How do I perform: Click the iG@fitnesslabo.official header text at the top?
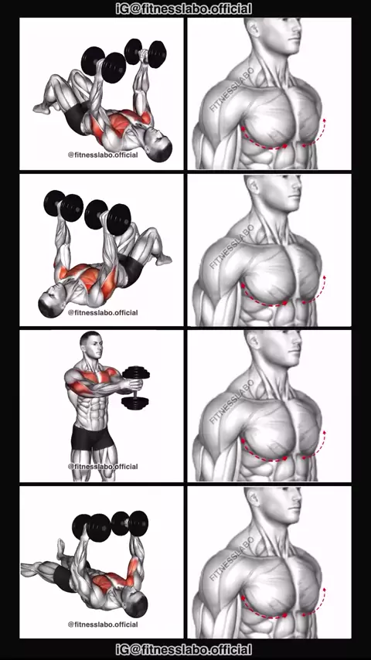pyautogui.click(x=184, y=9)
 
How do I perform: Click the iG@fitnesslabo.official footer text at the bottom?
pyautogui.click(x=184, y=649)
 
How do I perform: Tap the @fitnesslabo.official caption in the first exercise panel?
pyautogui.click(x=103, y=155)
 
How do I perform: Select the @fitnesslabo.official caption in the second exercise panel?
pyautogui.click(x=103, y=313)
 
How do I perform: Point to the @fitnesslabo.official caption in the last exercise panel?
pyautogui.click(x=103, y=624)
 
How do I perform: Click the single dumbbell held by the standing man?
pyautogui.click(x=135, y=388)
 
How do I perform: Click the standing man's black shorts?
pyautogui.click(x=92, y=437)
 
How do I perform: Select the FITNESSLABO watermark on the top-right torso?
pyautogui.click(x=232, y=89)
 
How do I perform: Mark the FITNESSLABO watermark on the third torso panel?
pyautogui.click(x=232, y=401)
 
